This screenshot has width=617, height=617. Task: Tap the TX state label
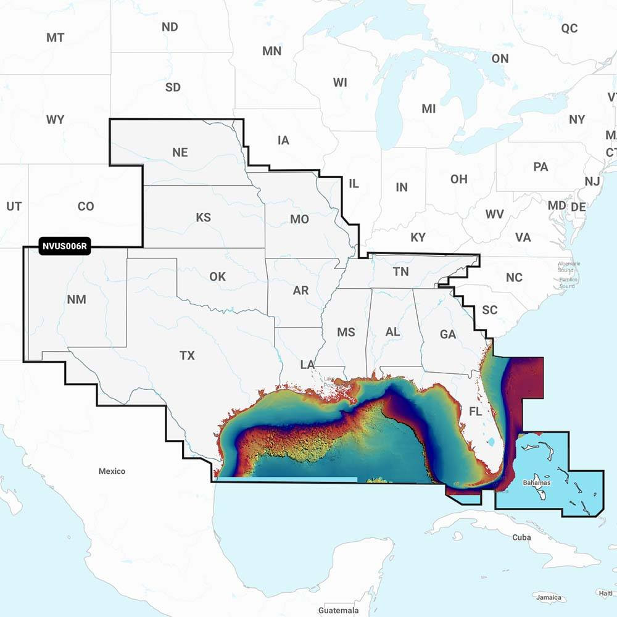click(187, 355)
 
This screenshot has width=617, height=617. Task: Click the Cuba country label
click(521, 537)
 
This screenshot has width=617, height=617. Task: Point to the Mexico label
click(112, 471)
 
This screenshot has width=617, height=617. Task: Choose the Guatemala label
click(338, 610)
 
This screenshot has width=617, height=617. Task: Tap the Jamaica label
click(549, 598)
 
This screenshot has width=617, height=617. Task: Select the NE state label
click(180, 152)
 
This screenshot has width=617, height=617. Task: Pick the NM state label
click(77, 300)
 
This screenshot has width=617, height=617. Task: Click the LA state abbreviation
click(307, 365)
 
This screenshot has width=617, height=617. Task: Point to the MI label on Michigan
click(428, 109)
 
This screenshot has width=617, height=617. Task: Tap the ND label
click(170, 27)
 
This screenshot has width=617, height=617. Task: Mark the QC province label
click(569, 28)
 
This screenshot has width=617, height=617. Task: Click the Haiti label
click(605, 593)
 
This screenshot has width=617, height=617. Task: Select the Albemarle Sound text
click(569, 266)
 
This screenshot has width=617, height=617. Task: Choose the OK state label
click(217, 276)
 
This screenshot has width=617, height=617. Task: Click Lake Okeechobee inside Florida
click(492, 442)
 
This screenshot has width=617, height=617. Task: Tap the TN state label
click(401, 271)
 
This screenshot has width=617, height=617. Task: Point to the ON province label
click(500, 59)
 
